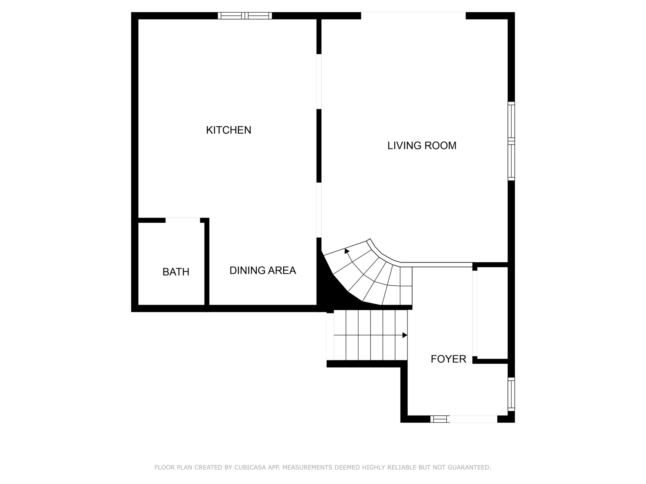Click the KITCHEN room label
[x=229, y=130]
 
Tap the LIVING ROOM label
[x=422, y=146]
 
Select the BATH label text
[x=176, y=272]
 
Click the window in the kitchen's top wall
[x=245, y=16]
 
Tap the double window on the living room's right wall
[x=511, y=141]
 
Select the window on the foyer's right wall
[x=511, y=394]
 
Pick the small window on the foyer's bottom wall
[x=440, y=419]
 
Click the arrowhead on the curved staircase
[x=347, y=251]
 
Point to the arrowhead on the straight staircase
[x=405, y=335]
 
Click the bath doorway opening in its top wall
[x=183, y=220]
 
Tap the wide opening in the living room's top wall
[x=413, y=16]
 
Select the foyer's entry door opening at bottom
[x=473, y=419]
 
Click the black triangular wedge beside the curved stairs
[x=333, y=289]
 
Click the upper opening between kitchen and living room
[x=319, y=82]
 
